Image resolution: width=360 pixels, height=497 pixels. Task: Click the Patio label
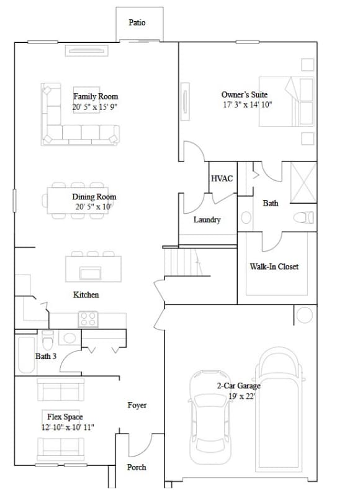pos(137,22)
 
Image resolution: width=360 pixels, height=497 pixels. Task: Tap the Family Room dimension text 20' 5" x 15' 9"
pos(95,107)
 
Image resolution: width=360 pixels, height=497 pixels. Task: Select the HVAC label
pos(222,178)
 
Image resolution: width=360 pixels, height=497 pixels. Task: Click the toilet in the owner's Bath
pos(304,217)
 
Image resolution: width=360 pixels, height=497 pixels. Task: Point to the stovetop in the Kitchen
pos(88,319)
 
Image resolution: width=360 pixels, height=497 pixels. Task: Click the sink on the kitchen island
pos(91,273)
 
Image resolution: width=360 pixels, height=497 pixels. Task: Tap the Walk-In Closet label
pos(274,267)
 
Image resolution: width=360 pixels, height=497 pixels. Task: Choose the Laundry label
pos(207,220)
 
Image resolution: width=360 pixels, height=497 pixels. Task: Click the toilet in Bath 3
pos(48,340)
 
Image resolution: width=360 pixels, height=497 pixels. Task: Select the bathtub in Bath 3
pos(26,355)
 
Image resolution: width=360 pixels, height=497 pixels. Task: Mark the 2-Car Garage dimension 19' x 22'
pos(242,396)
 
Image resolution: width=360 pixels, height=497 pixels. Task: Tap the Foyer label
pos(137,405)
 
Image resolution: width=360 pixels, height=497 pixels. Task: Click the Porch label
pos(137,467)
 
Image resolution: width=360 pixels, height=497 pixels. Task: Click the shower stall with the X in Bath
pos(304,182)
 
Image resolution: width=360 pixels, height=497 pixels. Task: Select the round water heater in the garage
pos(305,316)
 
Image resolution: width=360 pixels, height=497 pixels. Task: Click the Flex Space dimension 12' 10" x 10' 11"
pos(68,427)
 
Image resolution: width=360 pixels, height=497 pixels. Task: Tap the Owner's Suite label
pos(245,94)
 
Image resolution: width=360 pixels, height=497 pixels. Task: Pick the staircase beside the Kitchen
pos(184,262)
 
